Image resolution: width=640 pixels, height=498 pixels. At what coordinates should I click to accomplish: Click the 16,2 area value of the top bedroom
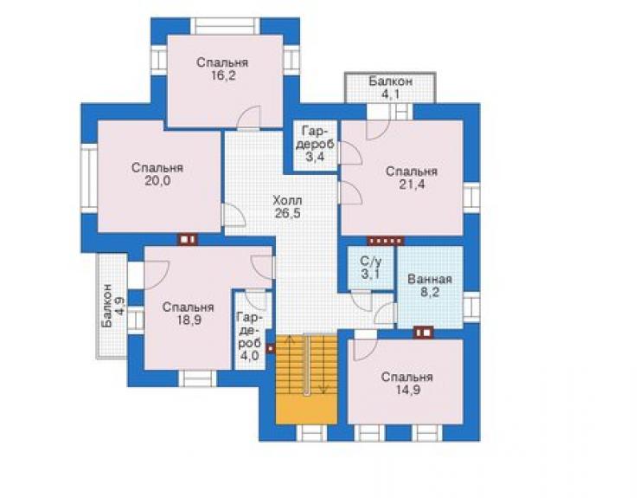pyautogui.click(x=223, y=75)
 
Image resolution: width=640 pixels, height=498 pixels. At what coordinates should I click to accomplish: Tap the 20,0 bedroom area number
pyautogui.click(x=157, y=181)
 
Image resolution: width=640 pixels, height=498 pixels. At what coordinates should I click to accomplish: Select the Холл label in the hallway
pyautogui.click(x=287, y=201)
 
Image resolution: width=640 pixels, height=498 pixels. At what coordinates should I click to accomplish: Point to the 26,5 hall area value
pyautogui.click(x=287, y=213)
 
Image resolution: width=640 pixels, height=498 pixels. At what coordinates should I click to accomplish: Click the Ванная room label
pyautogui.click(x=430, y=279)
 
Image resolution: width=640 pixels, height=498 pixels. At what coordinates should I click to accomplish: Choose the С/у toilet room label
pyautogui.click(x=371, y=261)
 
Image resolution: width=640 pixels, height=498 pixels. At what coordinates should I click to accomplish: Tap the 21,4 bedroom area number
pyautogui.click(x=412, y=184)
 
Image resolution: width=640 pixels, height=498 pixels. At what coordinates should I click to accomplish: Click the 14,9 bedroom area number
pyautogui.click(x=407, y=390)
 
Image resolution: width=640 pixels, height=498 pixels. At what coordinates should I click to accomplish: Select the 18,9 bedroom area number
pyautogui.click(x=188, y=320)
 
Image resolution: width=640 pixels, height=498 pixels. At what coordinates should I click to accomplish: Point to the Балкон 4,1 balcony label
pyautogui.click(x=391, y=87)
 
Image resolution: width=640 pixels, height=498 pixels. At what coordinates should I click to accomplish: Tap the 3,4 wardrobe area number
pyautogui.click(x=315, y=156)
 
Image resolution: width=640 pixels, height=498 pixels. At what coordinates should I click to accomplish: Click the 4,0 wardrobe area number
pyautogui.click(x=249, y=356)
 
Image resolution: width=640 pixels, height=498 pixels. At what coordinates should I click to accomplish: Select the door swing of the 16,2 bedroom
pyautogui.click(x=248, y=117)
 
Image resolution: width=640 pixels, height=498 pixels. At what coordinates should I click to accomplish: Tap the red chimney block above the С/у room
pyautogui.click(x=386, y=241)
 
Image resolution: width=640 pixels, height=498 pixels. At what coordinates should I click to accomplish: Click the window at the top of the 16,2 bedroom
pyautogui.click(x=226, y=26)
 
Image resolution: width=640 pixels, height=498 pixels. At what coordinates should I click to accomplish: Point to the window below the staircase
pyautogui.click(x=312, y=433)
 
